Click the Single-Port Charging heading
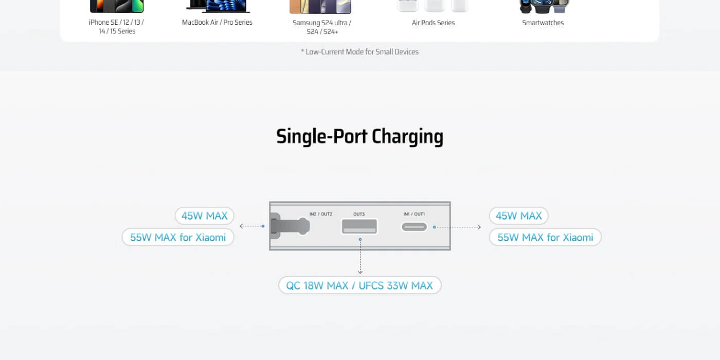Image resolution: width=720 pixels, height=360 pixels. point(359,137)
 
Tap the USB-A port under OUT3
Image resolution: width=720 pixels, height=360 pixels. point(359,226)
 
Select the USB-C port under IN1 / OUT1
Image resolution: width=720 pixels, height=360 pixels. point(415,227)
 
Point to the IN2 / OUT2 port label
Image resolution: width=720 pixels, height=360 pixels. point(321,214)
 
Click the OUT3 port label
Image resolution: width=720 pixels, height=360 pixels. point(359,214)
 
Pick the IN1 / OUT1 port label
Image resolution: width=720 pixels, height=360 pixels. point(414,214)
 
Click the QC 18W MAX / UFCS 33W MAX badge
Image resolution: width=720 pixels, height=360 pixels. point(359,285)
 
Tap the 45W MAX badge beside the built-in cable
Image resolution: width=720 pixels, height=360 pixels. point(205,215)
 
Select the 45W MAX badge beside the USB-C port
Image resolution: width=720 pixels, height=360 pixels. point(519,215)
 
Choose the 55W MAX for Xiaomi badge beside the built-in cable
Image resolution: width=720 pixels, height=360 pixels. point(178,237)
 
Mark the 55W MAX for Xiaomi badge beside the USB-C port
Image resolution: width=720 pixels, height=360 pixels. point(545,237)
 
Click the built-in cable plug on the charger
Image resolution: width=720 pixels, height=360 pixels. point(290,226)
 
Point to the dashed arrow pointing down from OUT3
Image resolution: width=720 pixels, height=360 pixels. point(360,256)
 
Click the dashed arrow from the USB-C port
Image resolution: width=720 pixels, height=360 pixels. point(457,227)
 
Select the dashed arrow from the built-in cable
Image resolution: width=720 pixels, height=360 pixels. point(252,226)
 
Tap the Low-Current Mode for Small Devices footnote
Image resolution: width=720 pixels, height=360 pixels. point(359,52)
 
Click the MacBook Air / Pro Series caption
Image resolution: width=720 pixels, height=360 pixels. point(217,22)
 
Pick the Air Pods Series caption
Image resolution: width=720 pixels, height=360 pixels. point(433,23)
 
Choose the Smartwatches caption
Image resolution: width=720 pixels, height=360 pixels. point(543,23)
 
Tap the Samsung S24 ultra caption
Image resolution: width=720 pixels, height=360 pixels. point(322,27)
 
